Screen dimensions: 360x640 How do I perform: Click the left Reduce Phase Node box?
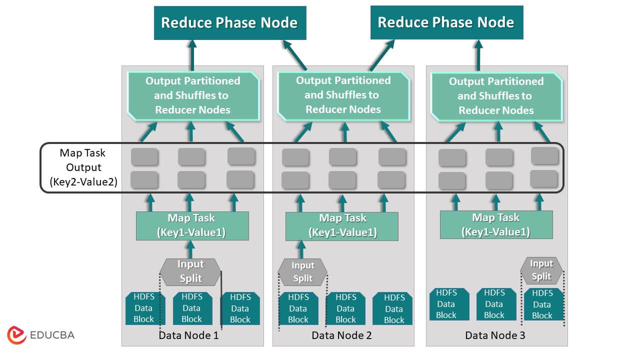click(x=229, y=22)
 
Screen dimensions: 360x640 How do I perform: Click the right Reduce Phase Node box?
click(x=446, y=22)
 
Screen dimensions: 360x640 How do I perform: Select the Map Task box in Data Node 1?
click(x=192, y=225)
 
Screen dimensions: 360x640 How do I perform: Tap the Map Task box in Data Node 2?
click(x=342, y=225)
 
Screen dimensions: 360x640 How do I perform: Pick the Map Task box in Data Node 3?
click(x=496, y=224)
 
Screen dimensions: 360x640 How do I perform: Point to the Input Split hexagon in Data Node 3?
click(x=541, y=270)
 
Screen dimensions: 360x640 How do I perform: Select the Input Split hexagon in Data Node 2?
click(x=302, y=272)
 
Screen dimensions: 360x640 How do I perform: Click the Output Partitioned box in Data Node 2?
click(x=343, y=95)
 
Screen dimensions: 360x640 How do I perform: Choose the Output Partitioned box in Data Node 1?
click(x=192, y=95)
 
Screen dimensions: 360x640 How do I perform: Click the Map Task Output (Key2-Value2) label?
click(x=83, y=168)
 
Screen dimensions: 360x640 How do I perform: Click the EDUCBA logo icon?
click(x=16, y=335)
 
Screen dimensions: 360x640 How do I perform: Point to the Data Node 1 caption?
click(x=188, y=335)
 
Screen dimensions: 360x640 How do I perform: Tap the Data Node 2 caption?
click(x=341, y=335)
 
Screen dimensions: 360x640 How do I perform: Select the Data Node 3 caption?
click(x=495, y=335)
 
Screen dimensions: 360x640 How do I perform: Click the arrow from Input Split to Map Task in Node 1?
click(x=190, y=249)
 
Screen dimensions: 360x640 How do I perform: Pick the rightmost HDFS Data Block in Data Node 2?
click(x=393, y=309)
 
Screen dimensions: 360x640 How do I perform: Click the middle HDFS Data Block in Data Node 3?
click(x=494, y=304)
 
